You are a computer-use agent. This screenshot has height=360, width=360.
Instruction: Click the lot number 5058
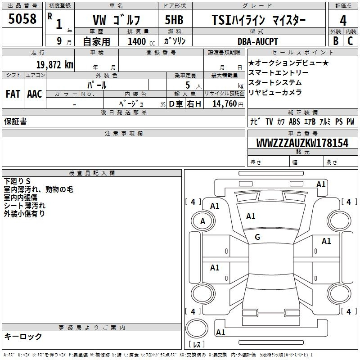click(x=22, y=19)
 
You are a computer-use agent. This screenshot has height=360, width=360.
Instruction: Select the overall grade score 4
click(x=343, y=21)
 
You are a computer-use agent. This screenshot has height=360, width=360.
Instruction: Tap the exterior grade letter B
click(x=336, y=41)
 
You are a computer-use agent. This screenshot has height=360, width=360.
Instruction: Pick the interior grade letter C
click(x=350, y=41)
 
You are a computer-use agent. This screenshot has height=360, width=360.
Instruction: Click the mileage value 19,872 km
click(x=54, y=64)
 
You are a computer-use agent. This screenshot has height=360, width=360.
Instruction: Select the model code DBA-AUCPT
click(x=257, y=41)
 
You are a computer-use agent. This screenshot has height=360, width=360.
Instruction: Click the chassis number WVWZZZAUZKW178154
click(x=302, y=143)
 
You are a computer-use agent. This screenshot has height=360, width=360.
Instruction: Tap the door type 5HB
click(x=174, y=20)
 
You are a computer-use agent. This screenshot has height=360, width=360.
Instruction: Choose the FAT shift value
click(x=13, y=94)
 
